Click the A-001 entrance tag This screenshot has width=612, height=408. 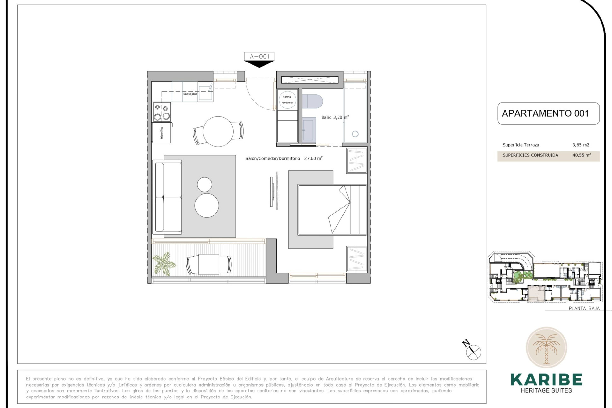click(259, 57)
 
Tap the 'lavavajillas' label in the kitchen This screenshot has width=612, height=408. click(190, 94)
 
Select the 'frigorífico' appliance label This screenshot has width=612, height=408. click(162, 133)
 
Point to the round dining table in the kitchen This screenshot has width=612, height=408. click(218, 131)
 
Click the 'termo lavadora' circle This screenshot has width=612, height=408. click(287, 100)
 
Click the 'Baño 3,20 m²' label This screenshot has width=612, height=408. click(335, 117)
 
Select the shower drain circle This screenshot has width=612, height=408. click(355, 134)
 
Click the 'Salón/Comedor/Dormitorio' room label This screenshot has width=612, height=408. click(273, 158)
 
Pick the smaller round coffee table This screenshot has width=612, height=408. click(204, 184)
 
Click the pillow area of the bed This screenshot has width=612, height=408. click(358, 209)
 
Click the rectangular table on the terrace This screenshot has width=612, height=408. click(209, 264)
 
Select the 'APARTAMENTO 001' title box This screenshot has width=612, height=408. click(548, 113)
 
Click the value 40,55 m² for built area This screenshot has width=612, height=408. click(581, 155)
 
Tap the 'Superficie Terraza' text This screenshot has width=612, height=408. click(521, 145)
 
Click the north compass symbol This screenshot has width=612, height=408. click(473, 352)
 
